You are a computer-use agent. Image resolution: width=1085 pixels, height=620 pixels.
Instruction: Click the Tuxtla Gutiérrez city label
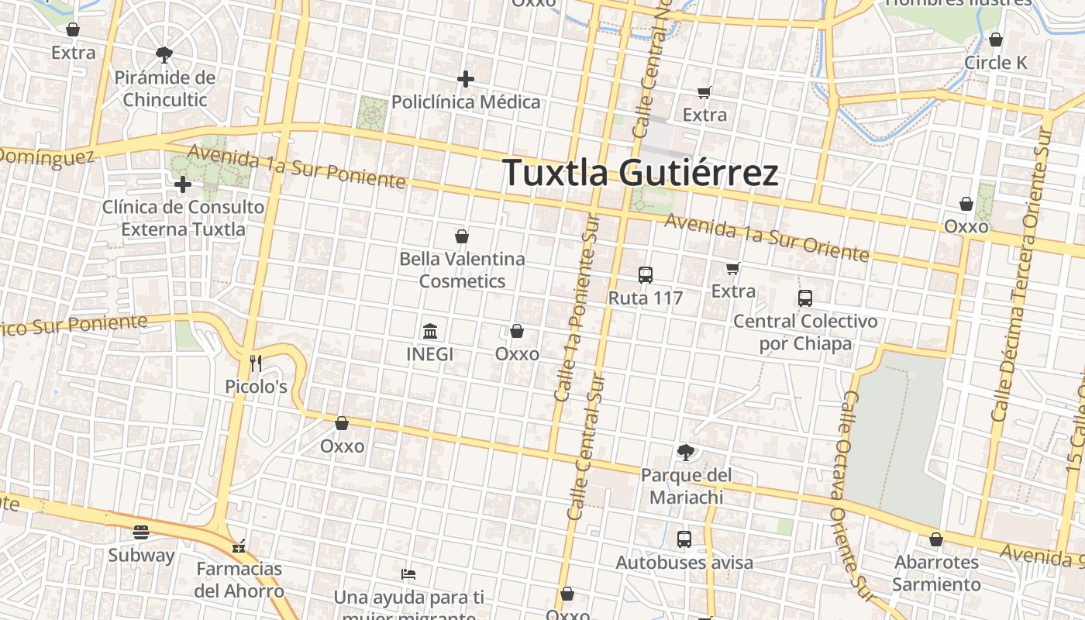pos(640,173)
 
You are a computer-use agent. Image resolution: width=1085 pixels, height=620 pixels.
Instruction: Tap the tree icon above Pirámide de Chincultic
pos(164,54)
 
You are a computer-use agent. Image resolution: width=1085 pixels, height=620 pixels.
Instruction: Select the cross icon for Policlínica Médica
pos(465,79)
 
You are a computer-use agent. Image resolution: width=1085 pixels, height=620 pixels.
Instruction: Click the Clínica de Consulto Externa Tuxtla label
pos(183,219)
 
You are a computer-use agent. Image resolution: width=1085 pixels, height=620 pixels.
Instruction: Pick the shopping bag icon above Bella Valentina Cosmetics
pos(462,236)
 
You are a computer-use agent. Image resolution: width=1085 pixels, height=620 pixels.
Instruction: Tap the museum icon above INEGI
pos(430,332)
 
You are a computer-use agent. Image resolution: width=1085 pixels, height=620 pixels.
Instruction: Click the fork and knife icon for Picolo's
pos(256,363)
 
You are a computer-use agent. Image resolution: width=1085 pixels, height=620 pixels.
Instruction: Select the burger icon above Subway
pos(140,532)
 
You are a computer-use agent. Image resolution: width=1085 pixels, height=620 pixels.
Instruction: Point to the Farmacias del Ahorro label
pos(239,580)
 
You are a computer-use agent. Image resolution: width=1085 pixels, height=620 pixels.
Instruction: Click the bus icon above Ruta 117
pos(645,275)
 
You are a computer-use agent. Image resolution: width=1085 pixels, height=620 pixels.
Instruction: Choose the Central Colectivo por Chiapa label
pos(805,332)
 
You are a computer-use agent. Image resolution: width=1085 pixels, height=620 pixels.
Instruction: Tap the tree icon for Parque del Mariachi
pos(685,452)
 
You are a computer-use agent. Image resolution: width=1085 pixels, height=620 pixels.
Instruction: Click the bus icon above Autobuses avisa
pos(684,539)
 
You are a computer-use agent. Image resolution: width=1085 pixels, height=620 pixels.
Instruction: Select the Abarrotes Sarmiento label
pos(936,573)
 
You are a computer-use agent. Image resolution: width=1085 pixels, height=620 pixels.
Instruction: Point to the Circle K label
pos(996,63)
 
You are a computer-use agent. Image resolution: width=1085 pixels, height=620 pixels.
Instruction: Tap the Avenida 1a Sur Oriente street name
pos(766,237)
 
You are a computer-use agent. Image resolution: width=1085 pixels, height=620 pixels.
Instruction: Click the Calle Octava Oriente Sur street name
pos(851,496)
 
